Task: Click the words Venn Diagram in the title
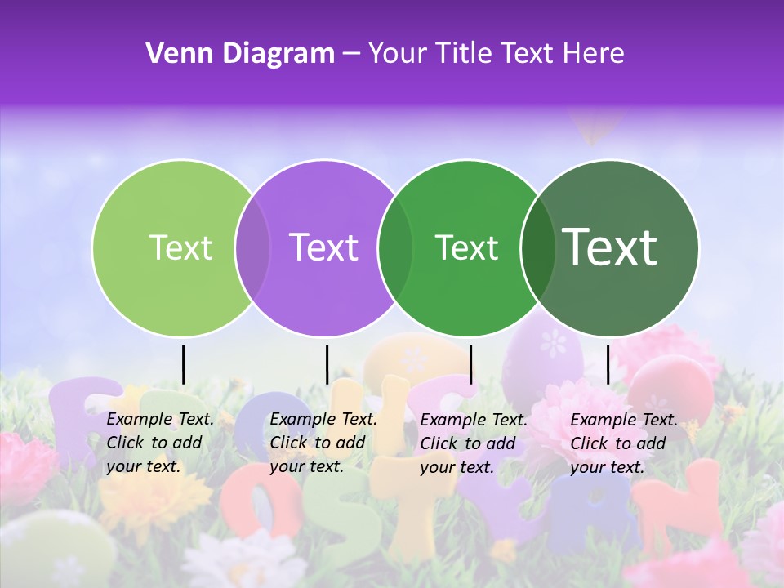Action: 240,54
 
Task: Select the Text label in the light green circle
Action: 181,247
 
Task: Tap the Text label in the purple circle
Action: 324,247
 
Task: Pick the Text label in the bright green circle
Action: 466,247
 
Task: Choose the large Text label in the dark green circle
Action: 610,247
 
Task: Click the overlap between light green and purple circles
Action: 252,247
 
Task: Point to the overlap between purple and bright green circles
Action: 395,247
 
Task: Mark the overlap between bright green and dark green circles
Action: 537,247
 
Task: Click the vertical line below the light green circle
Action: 183,364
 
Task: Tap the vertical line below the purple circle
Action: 327,364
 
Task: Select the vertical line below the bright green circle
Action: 470,364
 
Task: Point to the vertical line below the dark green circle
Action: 608,364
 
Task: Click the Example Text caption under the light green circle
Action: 160,443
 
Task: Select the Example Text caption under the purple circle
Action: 323,443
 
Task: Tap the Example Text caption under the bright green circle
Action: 474,443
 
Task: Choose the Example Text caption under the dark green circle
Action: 624,443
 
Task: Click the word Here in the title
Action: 595,54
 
